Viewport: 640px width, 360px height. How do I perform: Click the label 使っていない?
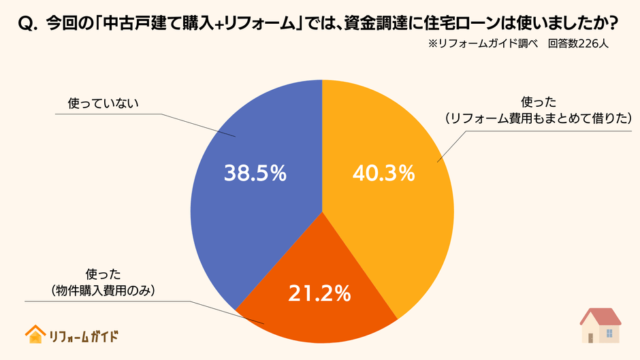[x=103, y=103]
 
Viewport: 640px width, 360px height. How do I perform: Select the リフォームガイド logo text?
[x=84, y=336]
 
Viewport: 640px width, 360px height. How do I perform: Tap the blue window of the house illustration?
[x=609, y=333]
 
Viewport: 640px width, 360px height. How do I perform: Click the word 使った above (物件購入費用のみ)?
[x=103, y=274]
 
